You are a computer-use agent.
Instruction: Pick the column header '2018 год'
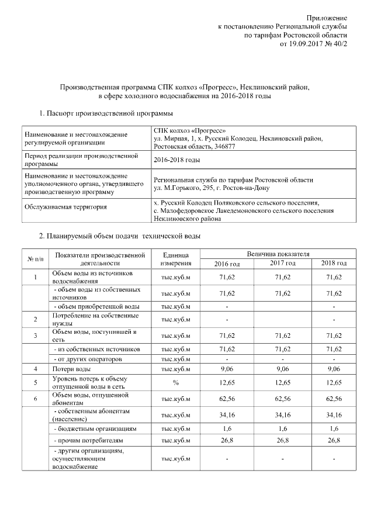pos(334,264)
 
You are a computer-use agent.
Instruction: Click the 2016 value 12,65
pos(226,383)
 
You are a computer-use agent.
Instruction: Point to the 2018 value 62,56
pos(334,399)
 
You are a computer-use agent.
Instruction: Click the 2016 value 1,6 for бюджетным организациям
pos(226,429)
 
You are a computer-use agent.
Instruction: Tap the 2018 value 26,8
pos(334,440)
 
